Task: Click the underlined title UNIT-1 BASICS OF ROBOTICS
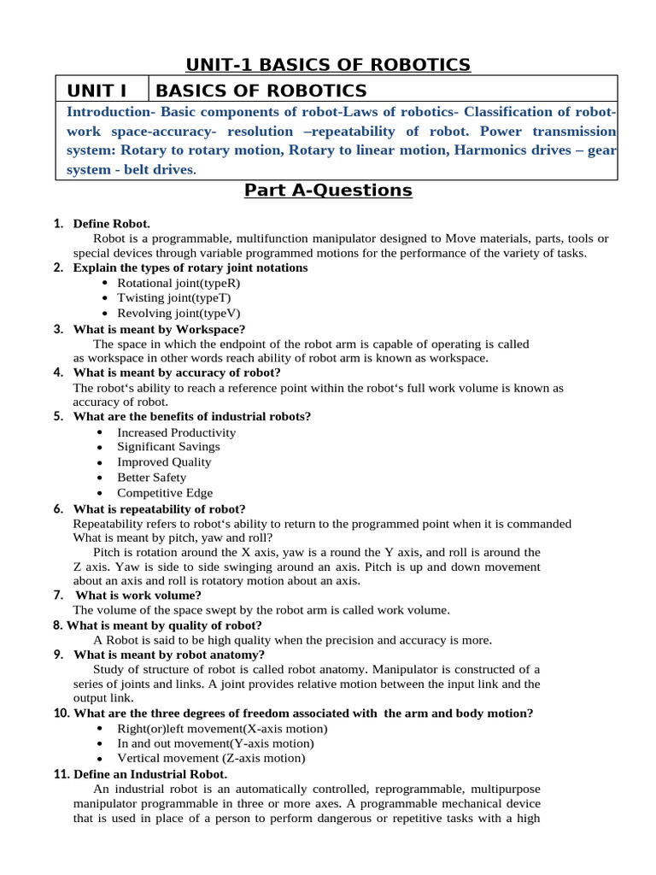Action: click(x=328, y=64)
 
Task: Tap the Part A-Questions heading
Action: click(x=328, y=190)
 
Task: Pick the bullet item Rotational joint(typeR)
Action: click(x=167, y=283)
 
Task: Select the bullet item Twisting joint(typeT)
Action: click(x=161, y=298)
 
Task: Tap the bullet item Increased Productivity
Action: click(x=176, y=432)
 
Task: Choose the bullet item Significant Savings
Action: click(x=168, y=447)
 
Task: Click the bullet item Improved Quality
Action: click(x=164, y=462)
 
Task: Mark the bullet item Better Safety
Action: click(x=151, y=478)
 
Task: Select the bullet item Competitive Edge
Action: click(x=165, y=493)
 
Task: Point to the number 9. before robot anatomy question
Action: click(x=58, y=655)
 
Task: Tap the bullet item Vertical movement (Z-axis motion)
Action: click(x=210, y=758)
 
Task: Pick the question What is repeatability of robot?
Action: click(x=160, y=508)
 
